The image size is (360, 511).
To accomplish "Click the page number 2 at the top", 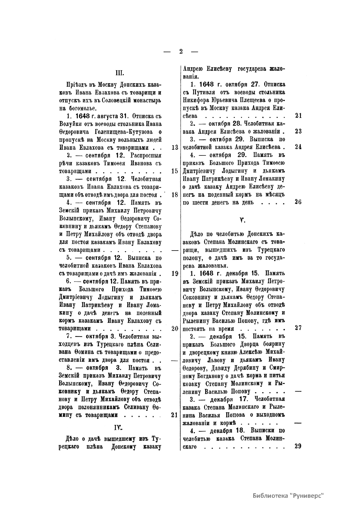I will click(181, 51).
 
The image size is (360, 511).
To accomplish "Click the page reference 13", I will click(175, 148).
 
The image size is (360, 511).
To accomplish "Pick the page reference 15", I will click(175, 171).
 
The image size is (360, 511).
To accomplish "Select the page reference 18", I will click(175, 195).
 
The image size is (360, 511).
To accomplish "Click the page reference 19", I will click(175, 273).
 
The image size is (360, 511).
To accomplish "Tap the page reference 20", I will click(175, 328).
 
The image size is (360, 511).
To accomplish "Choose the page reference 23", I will click(298, 131).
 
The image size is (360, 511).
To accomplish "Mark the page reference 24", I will click(298, 147).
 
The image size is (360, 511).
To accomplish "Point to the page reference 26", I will click(298, 202).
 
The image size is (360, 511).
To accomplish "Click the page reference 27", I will click(298, 328).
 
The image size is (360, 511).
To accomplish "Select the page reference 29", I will click(298, 446).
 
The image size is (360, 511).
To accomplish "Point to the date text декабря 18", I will click(227, 431).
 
